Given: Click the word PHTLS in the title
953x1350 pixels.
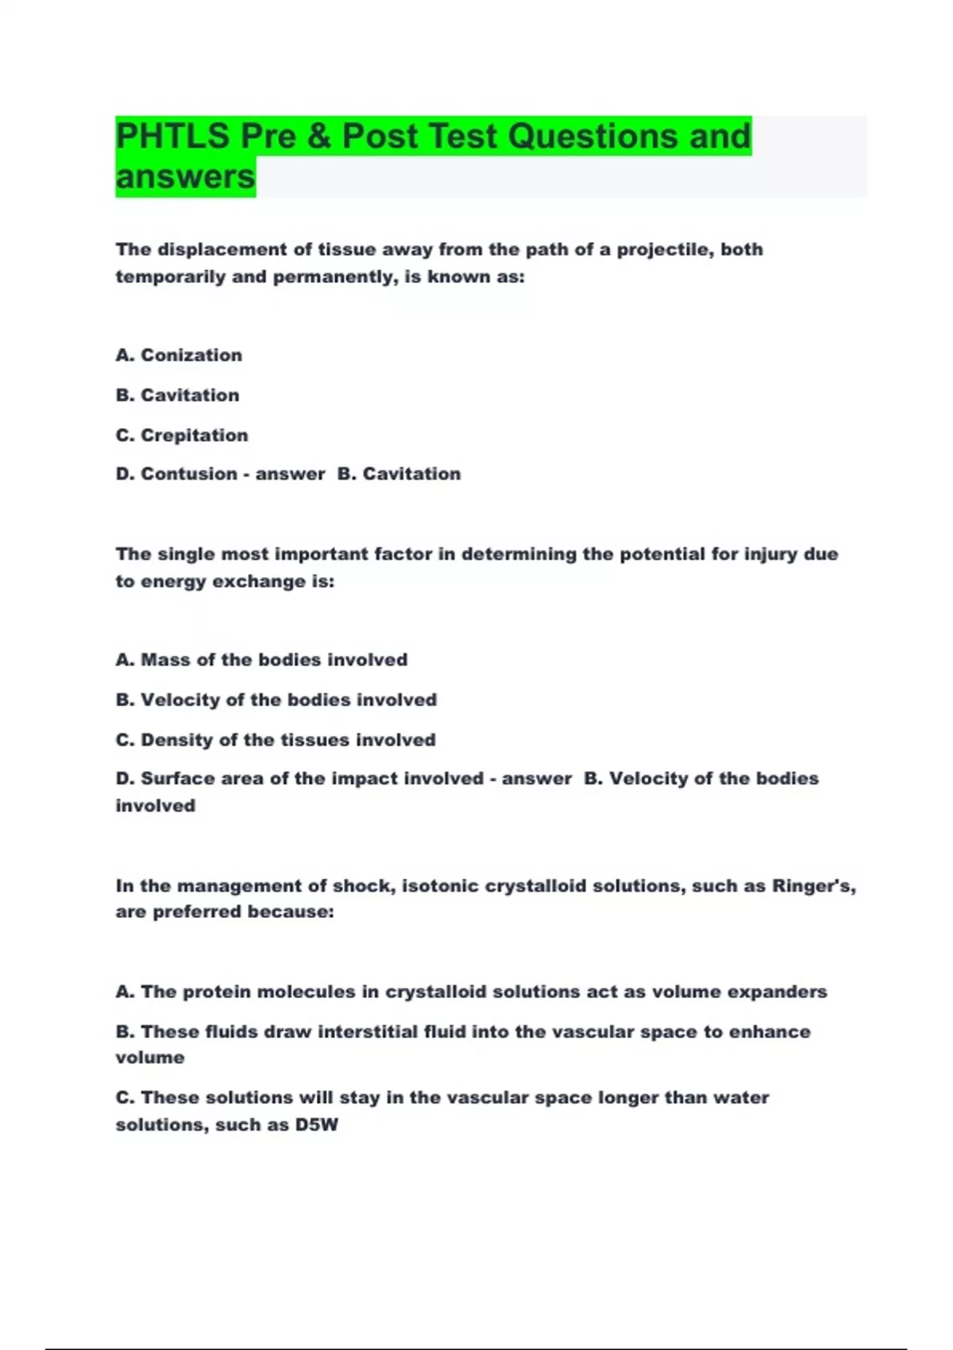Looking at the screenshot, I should pos(172,137).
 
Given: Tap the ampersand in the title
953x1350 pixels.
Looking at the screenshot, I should pos(318,137).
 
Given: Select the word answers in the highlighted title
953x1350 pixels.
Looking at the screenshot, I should pos(186,177).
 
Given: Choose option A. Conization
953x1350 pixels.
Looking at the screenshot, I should pos(179,355).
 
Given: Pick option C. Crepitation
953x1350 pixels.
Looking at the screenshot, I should pos(182,435).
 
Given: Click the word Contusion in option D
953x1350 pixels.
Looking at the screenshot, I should pos(189,474).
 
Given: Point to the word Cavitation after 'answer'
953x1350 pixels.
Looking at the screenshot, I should pos(411,474).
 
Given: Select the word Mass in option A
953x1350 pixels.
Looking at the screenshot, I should pos(166,660).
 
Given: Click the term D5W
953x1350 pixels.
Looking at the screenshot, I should pos(317,1125).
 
